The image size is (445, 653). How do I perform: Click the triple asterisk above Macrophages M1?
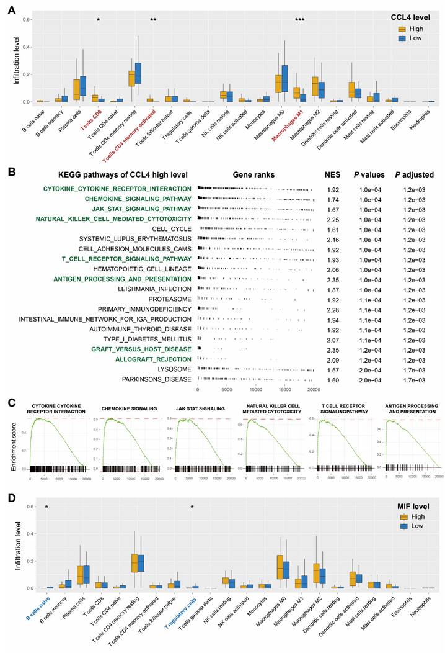[299, 20]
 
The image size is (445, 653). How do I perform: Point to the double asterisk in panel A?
[153, 20]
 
